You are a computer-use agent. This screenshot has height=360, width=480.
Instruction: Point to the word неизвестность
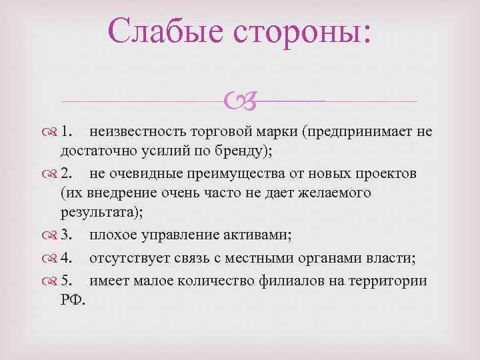(x=136, y=131)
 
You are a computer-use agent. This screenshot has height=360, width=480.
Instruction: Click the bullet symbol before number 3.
(x=53, y=235)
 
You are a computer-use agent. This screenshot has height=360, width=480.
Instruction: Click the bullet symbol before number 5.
(x=53, y=281)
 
